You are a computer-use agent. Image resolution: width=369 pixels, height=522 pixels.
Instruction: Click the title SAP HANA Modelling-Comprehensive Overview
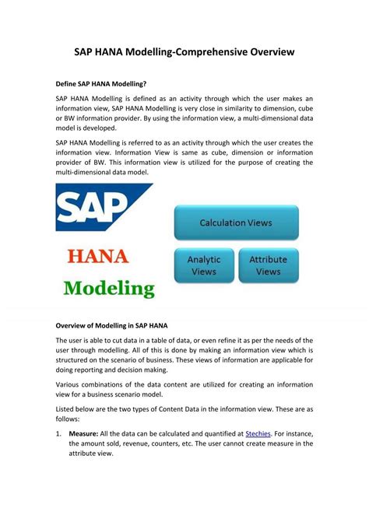click(184, 52)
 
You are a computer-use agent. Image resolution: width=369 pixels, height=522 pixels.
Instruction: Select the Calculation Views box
click(236, 222)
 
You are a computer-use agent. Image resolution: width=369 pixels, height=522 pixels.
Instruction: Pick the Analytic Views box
click(204, 265)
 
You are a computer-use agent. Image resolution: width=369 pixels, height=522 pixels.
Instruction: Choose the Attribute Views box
click(268, 265)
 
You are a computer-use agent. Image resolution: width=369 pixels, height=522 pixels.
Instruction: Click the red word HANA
click(104, 257)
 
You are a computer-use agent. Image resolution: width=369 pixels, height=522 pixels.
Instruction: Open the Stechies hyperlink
click(261, 433)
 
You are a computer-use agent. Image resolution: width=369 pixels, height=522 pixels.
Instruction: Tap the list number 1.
click(58, 433)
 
